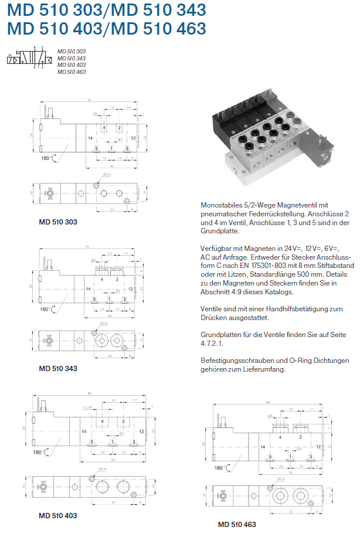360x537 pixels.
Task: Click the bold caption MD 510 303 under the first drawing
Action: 57,222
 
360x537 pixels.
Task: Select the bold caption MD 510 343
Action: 57,369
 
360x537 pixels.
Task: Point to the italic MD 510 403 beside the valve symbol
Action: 72,65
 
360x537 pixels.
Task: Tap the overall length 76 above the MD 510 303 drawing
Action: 88,100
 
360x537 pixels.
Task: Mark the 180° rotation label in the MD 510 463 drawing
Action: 219,468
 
